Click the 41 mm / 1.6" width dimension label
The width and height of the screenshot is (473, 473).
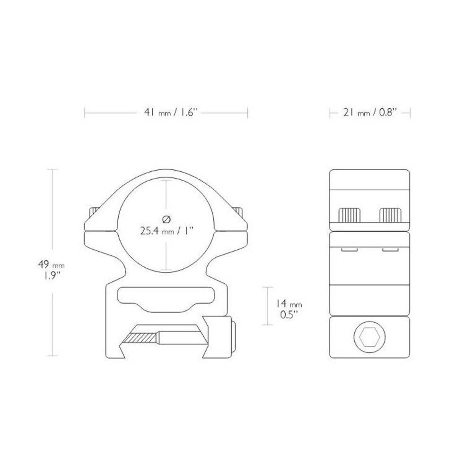click(166, 113)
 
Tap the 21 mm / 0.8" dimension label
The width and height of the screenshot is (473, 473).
click(370, 113)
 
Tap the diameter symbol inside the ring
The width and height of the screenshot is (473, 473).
click(166, 219)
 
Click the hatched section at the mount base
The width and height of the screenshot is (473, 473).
click(140, 338)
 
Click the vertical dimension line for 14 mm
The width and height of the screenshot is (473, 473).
click(268, 306)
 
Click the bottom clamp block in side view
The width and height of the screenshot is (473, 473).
click(370, 337)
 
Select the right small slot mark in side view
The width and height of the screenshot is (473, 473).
click(389, 247)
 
